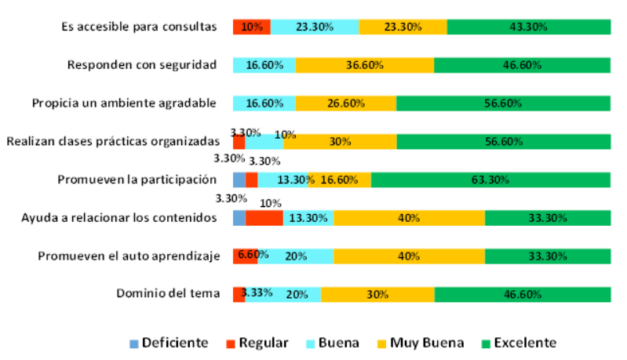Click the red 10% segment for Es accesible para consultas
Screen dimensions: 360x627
point(251,27)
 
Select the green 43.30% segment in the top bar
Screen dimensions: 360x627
point(528,27)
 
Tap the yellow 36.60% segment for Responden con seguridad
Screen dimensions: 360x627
point(364,65)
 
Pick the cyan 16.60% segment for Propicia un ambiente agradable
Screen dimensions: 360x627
point(264,104)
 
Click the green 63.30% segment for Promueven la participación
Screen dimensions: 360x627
point(490,180)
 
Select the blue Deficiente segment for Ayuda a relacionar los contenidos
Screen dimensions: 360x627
point(239,218)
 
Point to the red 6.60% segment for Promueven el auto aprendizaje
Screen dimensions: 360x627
point(245,256)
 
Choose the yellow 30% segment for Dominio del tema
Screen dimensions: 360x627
point(377,294)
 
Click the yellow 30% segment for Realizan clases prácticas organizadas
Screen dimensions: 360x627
point(340,142)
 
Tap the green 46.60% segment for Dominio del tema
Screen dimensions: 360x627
point(522,294)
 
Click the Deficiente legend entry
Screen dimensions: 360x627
point(168,343)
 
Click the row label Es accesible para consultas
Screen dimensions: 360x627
point(138,27)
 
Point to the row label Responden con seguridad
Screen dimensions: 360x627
point(141,65)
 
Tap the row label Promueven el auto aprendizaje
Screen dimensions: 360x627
point(127,256)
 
